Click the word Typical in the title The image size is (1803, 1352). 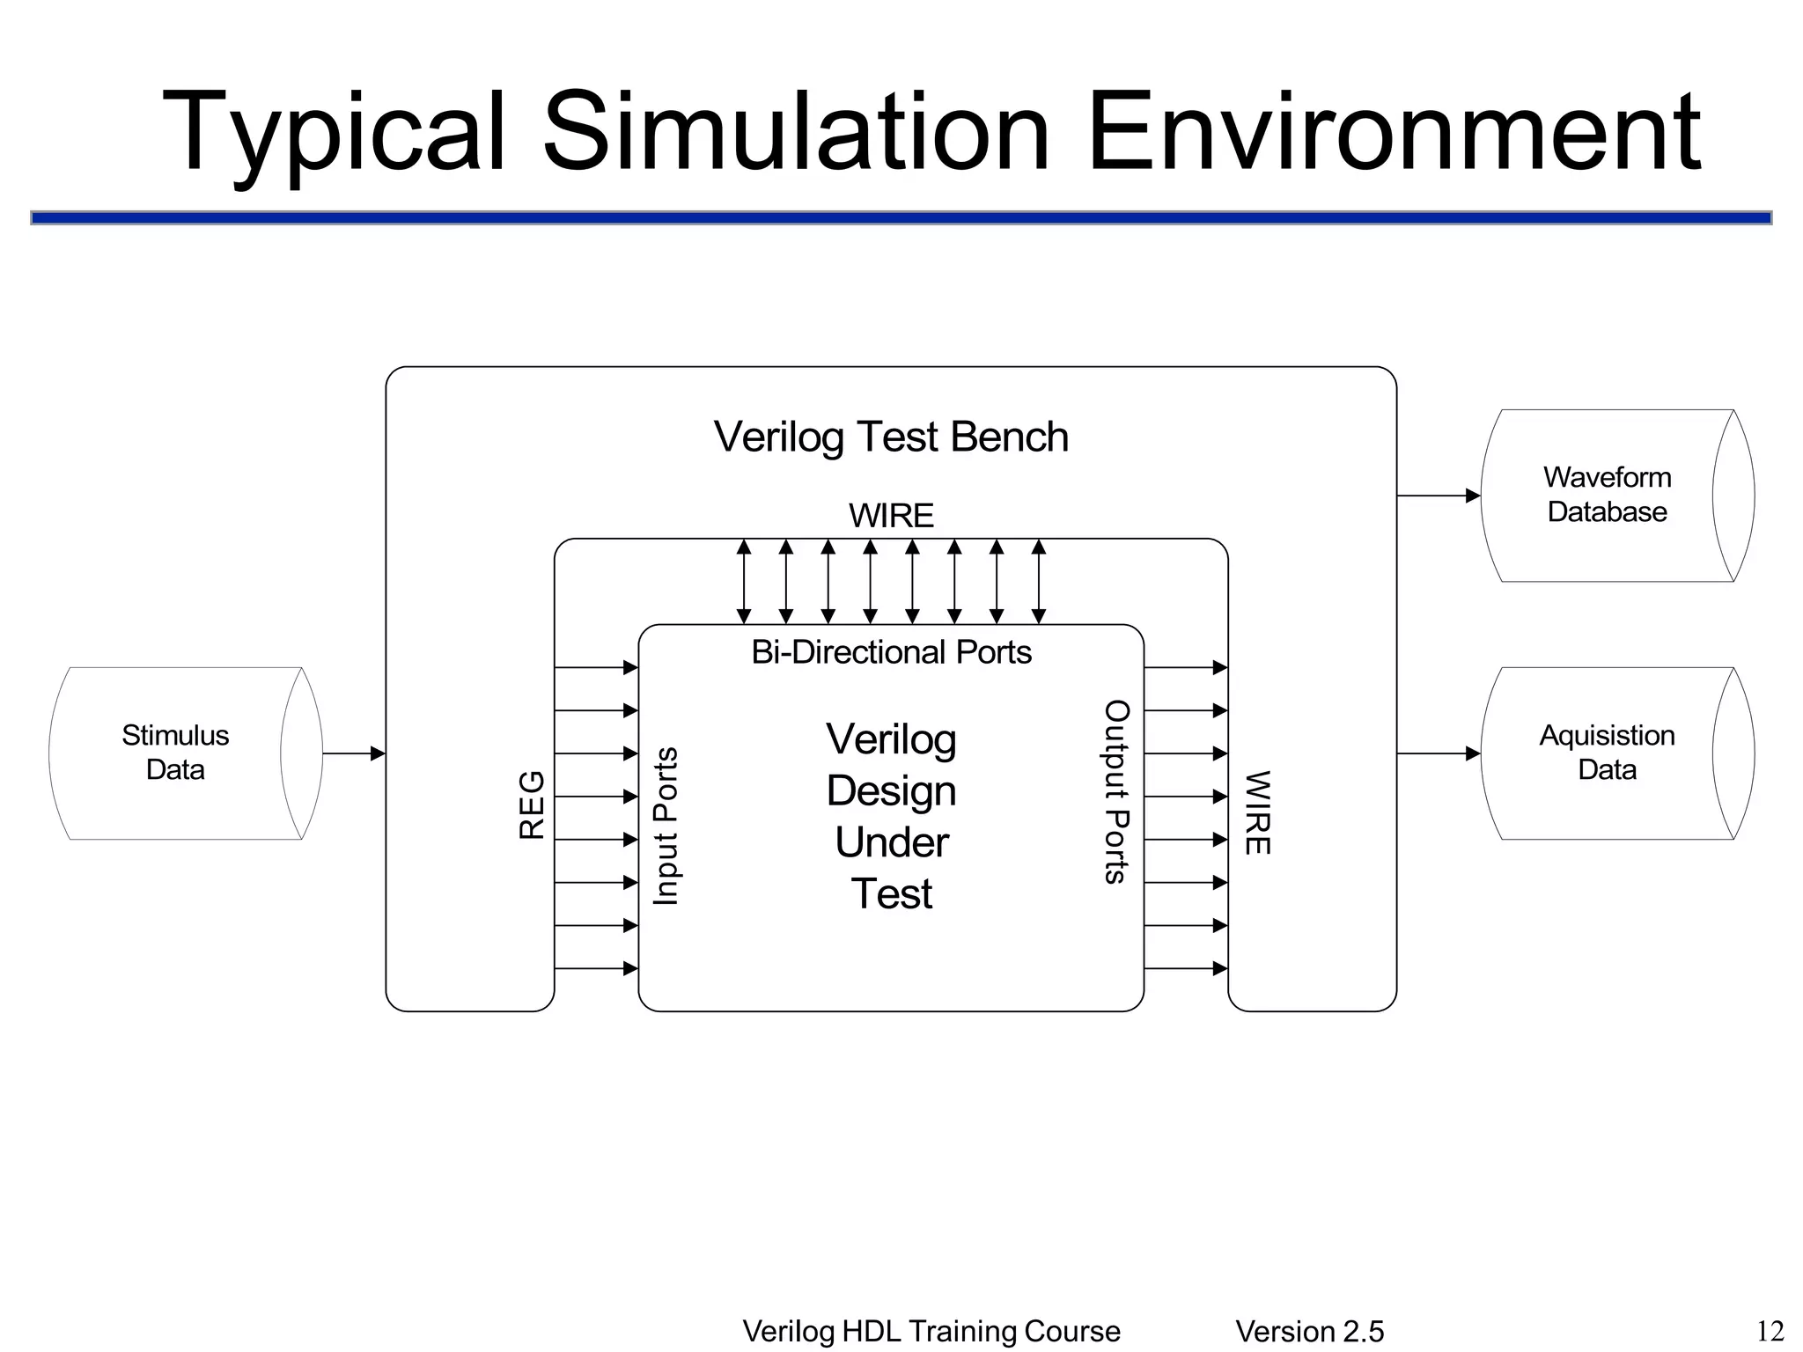click(335, 132)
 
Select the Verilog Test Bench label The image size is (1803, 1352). click(891, 437)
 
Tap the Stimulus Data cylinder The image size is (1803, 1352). click(176, 753)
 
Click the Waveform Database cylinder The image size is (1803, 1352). click(1607, 495)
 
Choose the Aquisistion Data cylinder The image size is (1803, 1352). click(1607, 753)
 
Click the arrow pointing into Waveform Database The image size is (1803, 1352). click(1439, 496)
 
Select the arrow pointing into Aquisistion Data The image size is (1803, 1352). click(1439, 753)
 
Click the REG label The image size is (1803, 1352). click(533, 805)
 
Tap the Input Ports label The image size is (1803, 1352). click(666, 826)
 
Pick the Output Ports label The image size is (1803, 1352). click(1116, 791)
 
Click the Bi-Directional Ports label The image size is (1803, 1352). click(891, 652)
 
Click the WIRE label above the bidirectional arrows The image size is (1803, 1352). click(891, 516)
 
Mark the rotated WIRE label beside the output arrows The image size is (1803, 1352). click(1256, 812)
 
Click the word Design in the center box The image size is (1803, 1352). click(891, 790)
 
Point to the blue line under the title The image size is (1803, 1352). click(901, 217)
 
